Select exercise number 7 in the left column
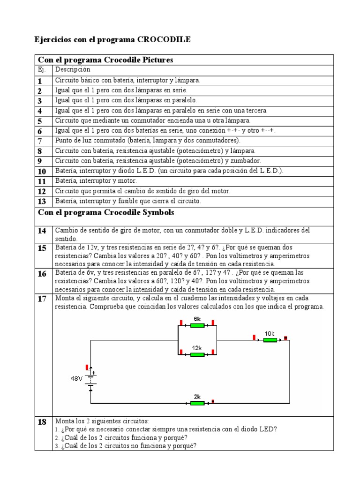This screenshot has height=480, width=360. tap(40, 141)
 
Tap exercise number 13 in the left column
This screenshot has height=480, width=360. tap(42, 202)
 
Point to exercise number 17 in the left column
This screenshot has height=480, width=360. tap(42, 299)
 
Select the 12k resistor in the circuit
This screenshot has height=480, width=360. tap(197, 355)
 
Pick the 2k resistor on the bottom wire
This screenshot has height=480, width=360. tap(197, 403)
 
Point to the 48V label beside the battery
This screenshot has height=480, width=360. tap(76, 378)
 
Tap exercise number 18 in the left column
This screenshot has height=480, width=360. tap(42, 422)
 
